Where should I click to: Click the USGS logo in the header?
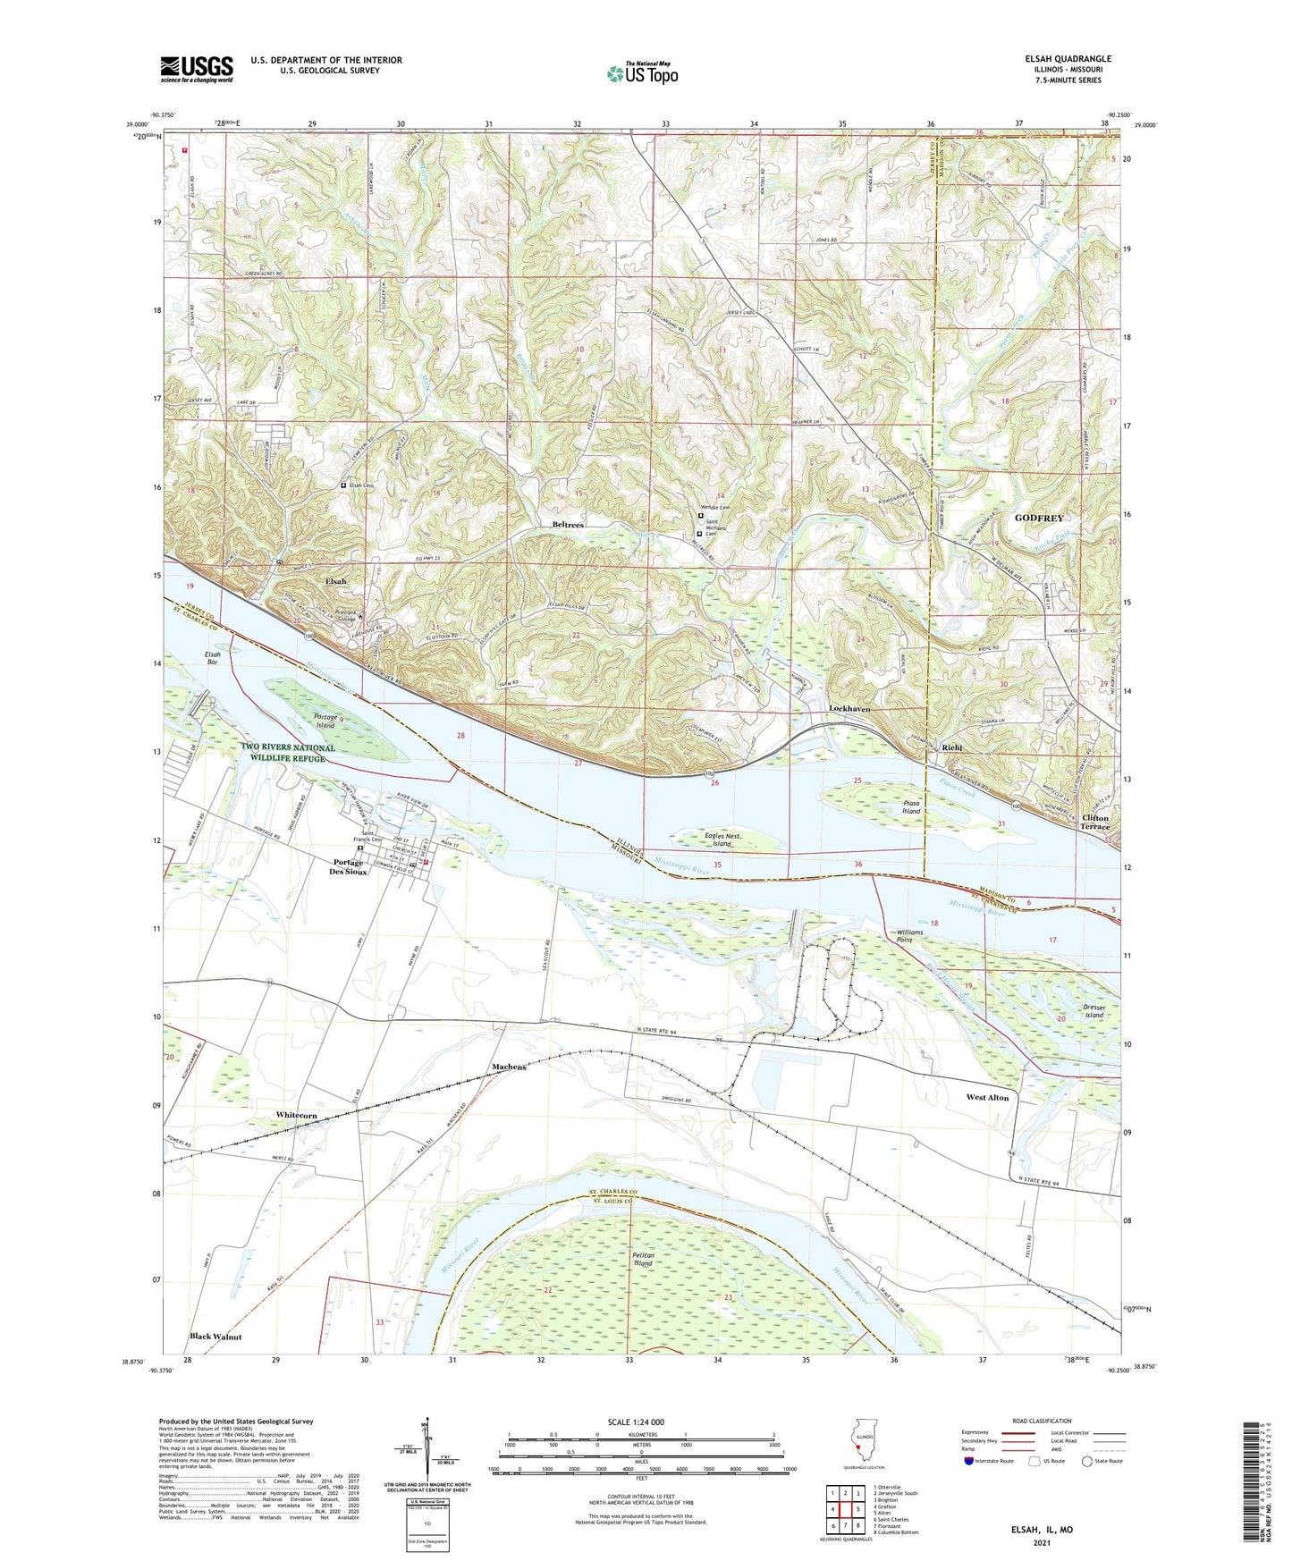197,69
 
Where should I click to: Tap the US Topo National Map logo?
641,73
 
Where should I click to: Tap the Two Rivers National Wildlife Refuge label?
287,753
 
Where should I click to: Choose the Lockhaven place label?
849,708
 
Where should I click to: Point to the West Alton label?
987,1097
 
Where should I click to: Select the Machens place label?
509,1067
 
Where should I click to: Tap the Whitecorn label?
296,1116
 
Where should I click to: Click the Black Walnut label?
215,1337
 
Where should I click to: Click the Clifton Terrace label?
1095,823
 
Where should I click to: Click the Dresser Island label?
1094,1011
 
